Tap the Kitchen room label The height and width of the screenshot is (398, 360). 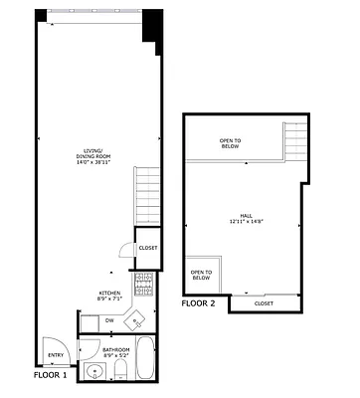[110, 295]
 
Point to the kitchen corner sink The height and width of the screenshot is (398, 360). [138, 320]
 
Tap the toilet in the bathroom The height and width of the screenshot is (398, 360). [120, 371]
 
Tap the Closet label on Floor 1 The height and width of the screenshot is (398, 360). [147, 248]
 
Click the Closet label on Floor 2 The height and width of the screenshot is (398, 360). [264, 303]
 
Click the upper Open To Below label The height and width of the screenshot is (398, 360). [232, 143]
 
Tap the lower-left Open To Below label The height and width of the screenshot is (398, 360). [201, 274]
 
